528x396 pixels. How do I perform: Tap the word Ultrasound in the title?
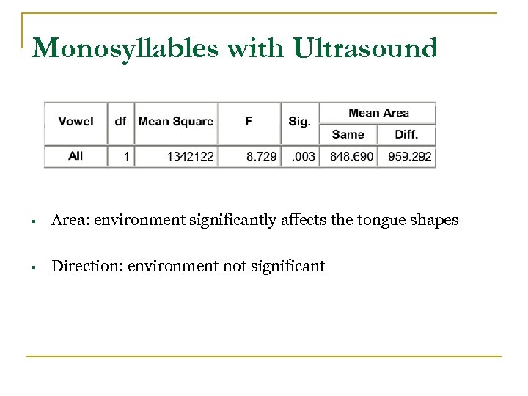tap(366, 48)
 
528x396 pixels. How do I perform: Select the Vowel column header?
tap(76, 121)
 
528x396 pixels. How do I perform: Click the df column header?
tap(120, 121)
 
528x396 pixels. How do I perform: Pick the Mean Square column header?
tap(176, 121)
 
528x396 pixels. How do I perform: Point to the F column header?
tap(249, 121)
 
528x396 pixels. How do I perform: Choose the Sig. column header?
tap(299, 121)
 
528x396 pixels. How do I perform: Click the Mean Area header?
tap(378, 113)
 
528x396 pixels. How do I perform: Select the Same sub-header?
tap(348, 134)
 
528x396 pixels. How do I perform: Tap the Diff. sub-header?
tap(406, 134)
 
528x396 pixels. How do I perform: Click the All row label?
tap(76, 155)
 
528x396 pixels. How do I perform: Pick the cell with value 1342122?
tap(190, 156)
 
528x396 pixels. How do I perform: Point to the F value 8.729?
tap(261, 156)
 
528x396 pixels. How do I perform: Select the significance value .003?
tap(304, 156)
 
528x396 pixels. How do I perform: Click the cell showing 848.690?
tap(352, 156)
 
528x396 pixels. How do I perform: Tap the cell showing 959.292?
tap(410, 156)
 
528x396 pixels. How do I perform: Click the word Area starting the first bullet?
tap(67, 220)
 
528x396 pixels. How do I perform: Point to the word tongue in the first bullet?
tap(378, 221)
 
